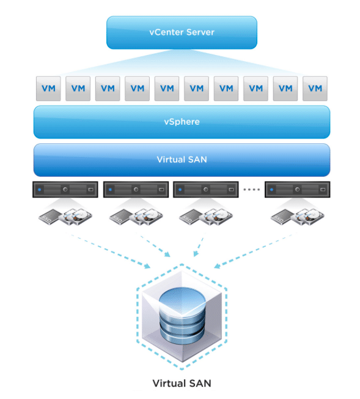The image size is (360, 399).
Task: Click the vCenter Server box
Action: (x=182, y=32)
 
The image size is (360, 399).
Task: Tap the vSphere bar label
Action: (x=182, y=122)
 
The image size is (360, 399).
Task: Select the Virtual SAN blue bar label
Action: (x=182, y=160)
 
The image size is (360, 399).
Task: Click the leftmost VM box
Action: (x=48, y=89)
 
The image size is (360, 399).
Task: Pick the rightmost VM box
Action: (x=315, y=89)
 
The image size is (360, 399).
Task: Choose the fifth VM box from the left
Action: (x=167, y=89)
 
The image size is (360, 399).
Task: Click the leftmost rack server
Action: (x=65, y=189)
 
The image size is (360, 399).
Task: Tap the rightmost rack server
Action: (x=298, y=189)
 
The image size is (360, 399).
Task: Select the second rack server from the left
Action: (x=136, y=189)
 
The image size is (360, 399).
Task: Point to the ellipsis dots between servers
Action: (x=251, y=189)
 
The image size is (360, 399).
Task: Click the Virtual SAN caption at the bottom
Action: (x=182, y=383)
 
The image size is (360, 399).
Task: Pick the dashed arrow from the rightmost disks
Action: (x=255, y=250)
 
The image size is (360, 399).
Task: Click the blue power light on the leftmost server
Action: (x=39, y=190)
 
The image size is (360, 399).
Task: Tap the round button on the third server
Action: (x=206, y=189)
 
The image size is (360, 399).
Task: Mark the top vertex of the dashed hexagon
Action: (x=182, y=264)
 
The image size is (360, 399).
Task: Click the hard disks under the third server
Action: (x=216, y=217)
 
